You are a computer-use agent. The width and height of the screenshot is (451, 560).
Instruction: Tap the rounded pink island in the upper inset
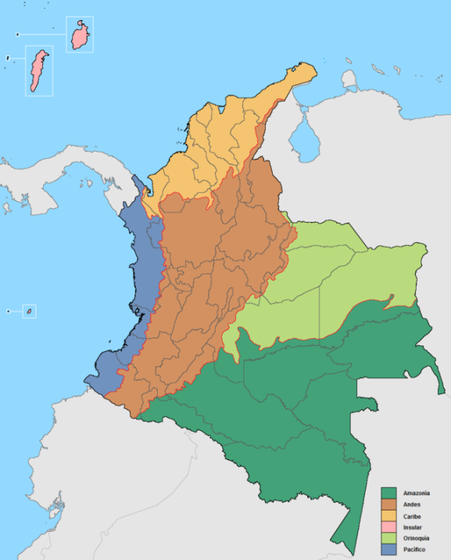[x=80, y=35]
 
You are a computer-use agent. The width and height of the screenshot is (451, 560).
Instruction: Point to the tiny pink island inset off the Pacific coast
[x=29, y=311]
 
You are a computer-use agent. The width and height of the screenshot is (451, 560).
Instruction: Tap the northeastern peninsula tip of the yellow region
[x=312, y=69]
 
